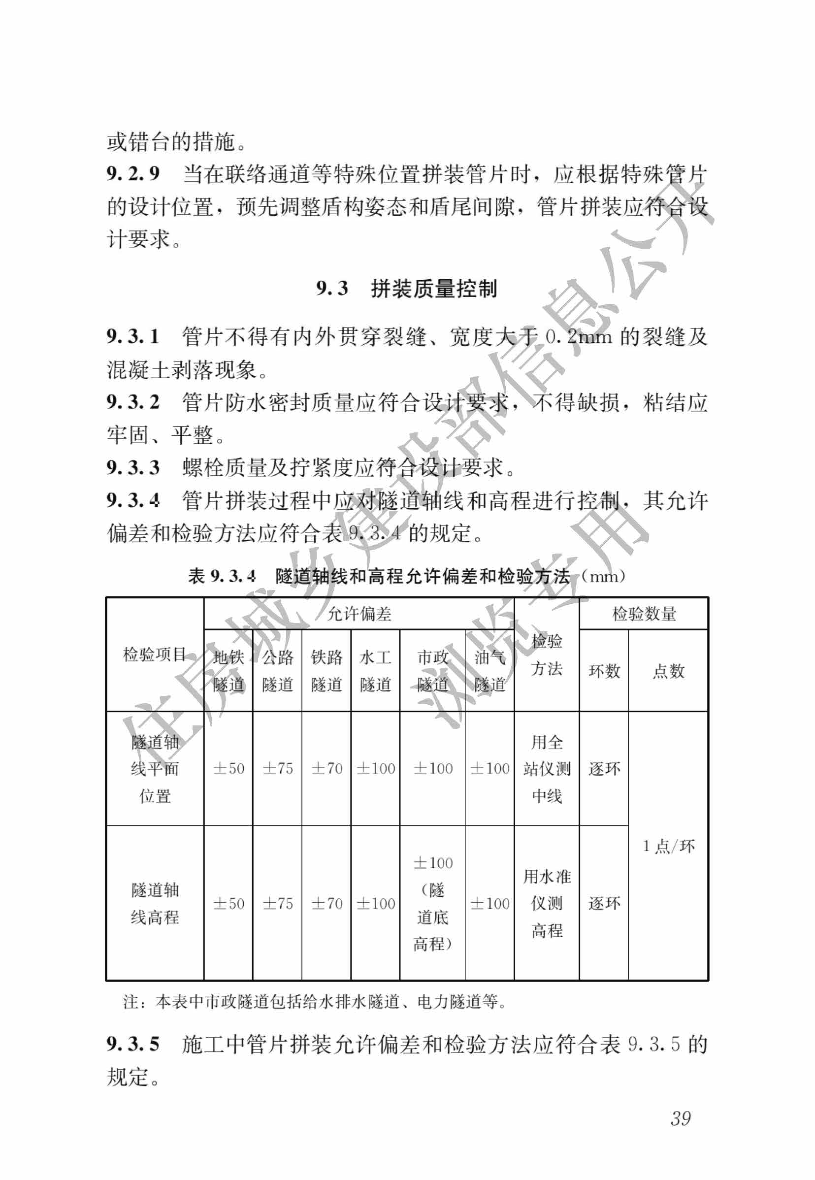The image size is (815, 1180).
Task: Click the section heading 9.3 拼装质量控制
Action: coord(406,289)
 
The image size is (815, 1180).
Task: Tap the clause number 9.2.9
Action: coord(133,174)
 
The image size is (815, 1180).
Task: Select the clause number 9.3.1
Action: coord(133,336)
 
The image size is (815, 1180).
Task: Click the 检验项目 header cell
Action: coord(154,654)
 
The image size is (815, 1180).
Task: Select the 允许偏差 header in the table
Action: coord(359,613)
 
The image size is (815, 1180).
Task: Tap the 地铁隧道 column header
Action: coord(228,670)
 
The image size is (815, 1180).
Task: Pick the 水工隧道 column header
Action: coord(375,670)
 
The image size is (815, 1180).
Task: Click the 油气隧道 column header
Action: coord(489,670)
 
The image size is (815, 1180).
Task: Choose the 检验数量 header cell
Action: coord(644,613)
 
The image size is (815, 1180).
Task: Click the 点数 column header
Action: coord(668,671)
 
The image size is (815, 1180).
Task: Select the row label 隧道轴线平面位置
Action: coord(155,768)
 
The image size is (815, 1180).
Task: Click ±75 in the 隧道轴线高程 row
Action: coord(277,903)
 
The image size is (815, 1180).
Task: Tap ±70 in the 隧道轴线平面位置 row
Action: coord(326,768)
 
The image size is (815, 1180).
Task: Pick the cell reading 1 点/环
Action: coord(668,846)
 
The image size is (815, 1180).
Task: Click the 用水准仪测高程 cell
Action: coord(547,903)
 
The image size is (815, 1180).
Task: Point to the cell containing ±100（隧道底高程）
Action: coord(432,903)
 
